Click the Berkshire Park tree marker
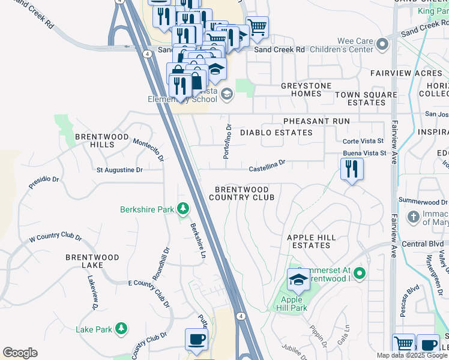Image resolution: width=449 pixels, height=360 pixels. point(182,209)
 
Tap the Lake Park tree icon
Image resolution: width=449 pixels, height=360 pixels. point(121,329)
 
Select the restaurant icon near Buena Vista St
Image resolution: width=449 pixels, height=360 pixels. point(352,169)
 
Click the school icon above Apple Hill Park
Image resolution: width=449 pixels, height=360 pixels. point(298,279)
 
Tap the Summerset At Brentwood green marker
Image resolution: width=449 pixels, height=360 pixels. point(360,274)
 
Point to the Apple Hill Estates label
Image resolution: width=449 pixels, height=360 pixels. point(311,242)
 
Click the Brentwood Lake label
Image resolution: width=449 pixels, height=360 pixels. point(92,261)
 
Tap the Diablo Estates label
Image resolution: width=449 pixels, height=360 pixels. point(276,133)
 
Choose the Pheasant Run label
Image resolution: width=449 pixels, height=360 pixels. point(316,121)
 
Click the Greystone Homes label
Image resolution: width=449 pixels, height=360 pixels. point(306,90)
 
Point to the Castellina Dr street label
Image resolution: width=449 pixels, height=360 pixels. point(266,162)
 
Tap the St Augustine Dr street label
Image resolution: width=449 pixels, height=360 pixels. point(119,170)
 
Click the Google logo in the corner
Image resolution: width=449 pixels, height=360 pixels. point(20,353)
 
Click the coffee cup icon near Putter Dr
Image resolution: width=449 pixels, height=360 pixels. point(196,339)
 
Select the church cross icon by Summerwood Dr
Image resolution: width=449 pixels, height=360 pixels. point(413,216)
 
